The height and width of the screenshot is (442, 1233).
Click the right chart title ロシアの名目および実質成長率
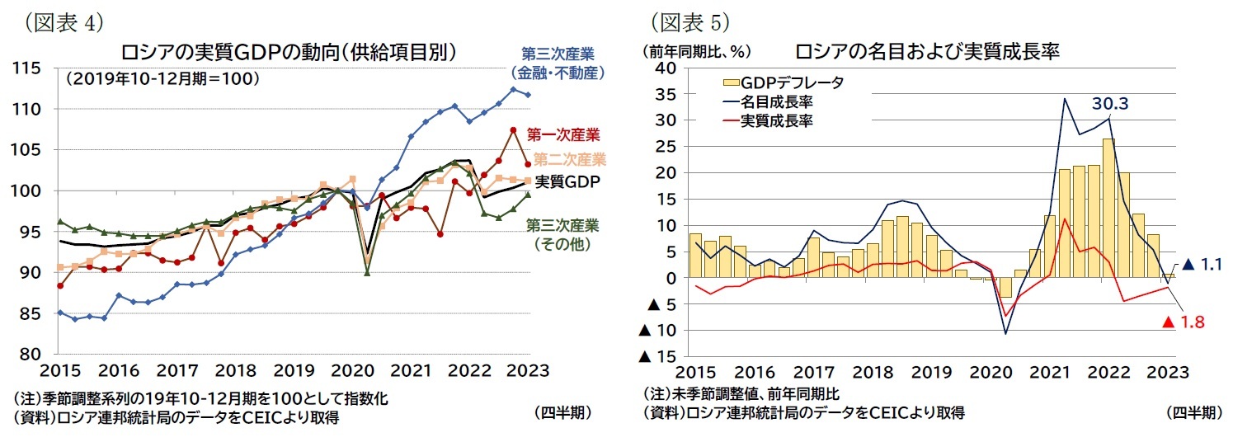click(927, 51)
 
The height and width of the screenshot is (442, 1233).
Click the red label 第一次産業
click(563, 134)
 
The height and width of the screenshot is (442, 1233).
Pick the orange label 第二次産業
click(569, 159)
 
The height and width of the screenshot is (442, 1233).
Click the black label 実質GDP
click(567, 181)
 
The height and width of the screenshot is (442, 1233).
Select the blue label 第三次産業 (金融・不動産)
click(562, 63)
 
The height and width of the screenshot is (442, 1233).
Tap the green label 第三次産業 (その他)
click(562, 233)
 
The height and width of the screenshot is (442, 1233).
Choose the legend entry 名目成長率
click(778, 101)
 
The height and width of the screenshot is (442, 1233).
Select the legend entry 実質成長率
click(778, 120)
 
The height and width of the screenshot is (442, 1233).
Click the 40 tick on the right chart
click(665, 68)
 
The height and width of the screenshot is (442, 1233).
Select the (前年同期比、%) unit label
click(695, 51)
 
